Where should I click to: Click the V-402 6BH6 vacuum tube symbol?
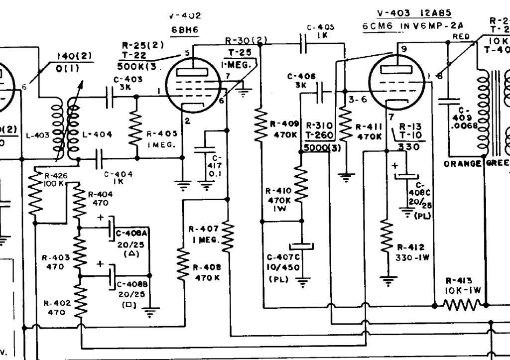pyautogui.click(x=192, y=85)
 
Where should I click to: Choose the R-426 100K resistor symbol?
pyautogui.click(x=34, y=197)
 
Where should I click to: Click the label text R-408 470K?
pyautogui.click(x=204, y=272)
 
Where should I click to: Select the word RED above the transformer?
pyautogui.click(x=461, y=36)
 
